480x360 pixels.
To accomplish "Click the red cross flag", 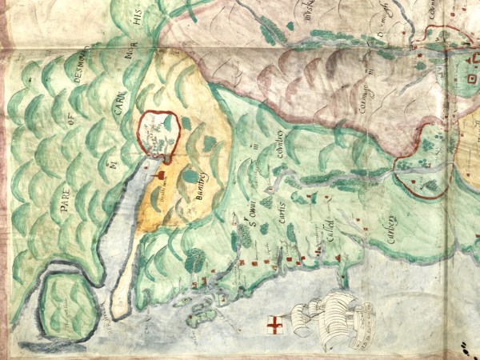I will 274,326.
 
